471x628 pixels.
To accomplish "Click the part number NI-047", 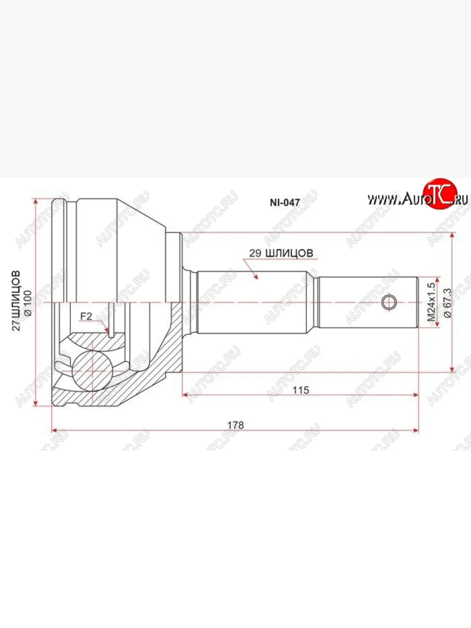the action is [x=285, y=203].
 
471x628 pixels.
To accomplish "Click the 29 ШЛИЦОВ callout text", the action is [x=281, y=253].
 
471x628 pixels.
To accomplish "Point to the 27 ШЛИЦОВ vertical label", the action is [x=16, y=301].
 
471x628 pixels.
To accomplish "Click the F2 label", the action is [x=86, y=317].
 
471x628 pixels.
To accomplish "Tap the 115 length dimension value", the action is [x=301, y=390].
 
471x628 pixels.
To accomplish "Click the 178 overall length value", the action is [x=235, y=425].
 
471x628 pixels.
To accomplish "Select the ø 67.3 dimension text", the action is [x=447, y=302].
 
